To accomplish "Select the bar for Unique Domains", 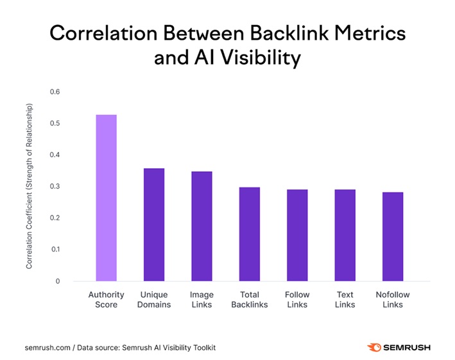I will tap(154, 225).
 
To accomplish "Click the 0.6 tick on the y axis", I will tap(55, 92).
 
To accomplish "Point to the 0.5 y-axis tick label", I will tap(55, 123).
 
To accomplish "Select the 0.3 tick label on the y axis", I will tap(55, 186).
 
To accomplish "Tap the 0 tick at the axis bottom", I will tap(57, 281).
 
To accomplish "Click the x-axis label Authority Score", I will tap(106, 300).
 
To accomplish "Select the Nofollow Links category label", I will tap(392, 300).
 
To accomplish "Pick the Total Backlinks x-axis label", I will tap(249, 300).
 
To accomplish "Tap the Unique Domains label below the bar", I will tap(154, 300).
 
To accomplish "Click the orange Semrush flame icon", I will tap(373, 347).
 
